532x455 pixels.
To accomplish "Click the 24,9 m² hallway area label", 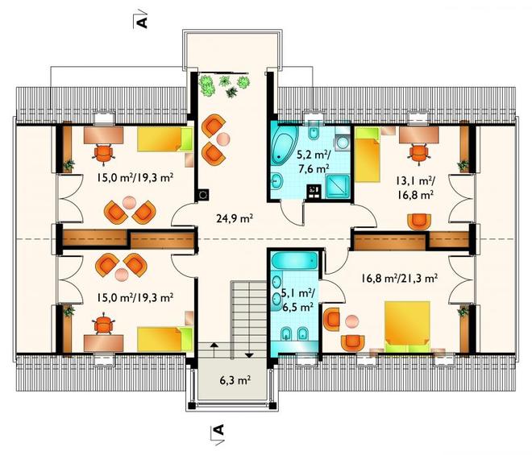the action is pos(235,218).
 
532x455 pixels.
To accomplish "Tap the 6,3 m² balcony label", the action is pos(235,380).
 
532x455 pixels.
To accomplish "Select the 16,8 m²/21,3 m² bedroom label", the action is pos(399,278).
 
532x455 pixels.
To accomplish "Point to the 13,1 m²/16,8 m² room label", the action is pos(414,188).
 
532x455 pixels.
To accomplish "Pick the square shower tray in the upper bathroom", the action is pos(338,186).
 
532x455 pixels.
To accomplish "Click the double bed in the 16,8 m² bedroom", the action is pos(408,326).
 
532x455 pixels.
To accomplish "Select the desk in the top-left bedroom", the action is pos(103,134).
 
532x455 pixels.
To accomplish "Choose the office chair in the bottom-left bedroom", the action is pos(103,325).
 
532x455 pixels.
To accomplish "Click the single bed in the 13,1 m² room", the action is pos(367,155).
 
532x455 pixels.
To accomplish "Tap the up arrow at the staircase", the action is pos(214,349).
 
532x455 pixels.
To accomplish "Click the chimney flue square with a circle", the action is pos(202,195).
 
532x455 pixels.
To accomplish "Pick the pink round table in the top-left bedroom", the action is pos(129,203).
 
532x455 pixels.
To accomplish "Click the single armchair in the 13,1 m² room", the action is pos(419,221).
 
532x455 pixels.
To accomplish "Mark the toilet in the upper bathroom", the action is pos(314,131).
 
